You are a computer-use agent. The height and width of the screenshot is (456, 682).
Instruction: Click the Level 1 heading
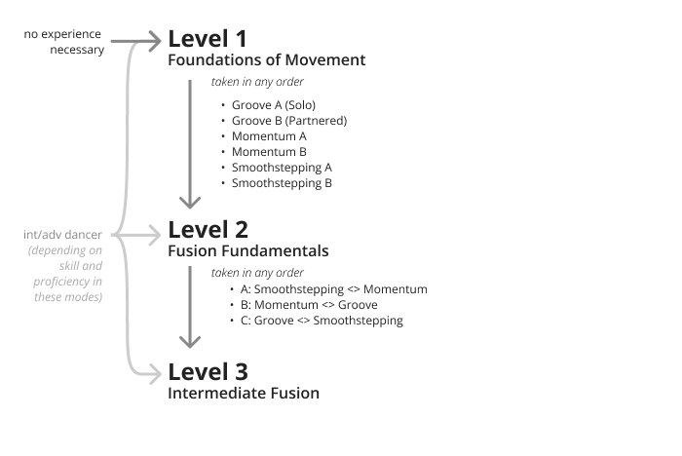pyautogui.click(x=208, y=39)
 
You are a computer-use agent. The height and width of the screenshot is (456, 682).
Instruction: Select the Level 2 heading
pyautogui.click(x=208, y=230)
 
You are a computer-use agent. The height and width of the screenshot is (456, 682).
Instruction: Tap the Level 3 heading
pyautogui.click(x=208, y=372)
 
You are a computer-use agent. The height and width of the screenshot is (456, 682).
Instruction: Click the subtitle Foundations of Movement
pyautogui.click(x=267, y=60)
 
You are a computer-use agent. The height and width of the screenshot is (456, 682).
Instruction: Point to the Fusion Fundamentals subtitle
pyautogui.click(x=248, y=251)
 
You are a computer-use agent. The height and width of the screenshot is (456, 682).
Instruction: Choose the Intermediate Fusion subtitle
pyautogui.click(x=244, y=394)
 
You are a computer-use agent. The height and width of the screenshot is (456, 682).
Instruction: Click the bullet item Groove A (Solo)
pyautogui.click(x=274, y=105)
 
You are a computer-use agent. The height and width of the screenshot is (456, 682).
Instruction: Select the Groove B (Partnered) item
pyautogui.click(x=289, y=121)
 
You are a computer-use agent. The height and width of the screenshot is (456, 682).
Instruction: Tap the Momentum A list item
pyautogui.click(x=269, y=136)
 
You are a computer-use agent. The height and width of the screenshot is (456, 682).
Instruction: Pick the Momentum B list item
pyautogui.click(x=269, y=152)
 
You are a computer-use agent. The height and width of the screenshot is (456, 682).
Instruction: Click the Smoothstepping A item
pyautogui.click(x=282, y=168)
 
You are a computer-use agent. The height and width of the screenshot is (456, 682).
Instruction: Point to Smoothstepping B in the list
pyautogui.click(x=282, y=183)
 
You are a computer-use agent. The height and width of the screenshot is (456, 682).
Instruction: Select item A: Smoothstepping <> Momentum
pyautogui.click(x=334, y=289)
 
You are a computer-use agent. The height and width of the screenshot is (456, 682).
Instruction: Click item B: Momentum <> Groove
pyautogui.click(x=309, y=305)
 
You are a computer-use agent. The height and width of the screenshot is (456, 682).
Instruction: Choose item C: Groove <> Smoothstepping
pyautogui.click(x=322, y=322)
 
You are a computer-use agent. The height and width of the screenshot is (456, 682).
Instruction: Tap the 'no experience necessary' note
pyautogui.click(x=64, y=42)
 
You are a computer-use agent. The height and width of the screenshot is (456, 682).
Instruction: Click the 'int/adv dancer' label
pyautogui.click(x=62, y=235)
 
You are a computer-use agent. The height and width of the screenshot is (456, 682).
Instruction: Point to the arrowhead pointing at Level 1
pyautogui.click(x=155, y=41)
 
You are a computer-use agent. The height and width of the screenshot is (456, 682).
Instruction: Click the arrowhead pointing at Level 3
pyautogui.click(x=155, y=374)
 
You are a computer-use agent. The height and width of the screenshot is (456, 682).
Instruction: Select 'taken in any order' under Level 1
pyautogui.click(x=257, y=82)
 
